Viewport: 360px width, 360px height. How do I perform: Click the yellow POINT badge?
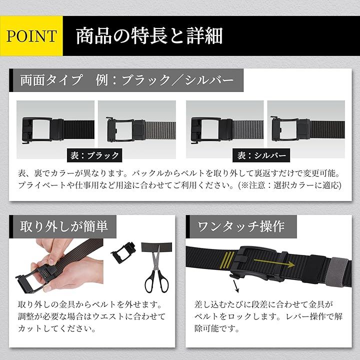coord(31,36)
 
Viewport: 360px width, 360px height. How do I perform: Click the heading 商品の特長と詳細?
coord(149,36)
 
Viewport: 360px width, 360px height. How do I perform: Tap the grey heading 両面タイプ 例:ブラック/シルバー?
coord(126,80)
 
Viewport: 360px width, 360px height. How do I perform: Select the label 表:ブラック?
coord(94,155)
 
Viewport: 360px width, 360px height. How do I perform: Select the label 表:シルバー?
coord(261,155)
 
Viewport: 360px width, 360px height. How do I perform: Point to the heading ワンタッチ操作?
coord(241,226)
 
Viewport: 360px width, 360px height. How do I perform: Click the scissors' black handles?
coord(156,282)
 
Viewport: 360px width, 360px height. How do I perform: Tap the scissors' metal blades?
coord(156,257)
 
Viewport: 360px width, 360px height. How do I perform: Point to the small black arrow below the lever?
coord(236,286)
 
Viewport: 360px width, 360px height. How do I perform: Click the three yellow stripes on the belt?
coord(227,260)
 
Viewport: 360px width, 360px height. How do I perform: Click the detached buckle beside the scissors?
coord(123,252)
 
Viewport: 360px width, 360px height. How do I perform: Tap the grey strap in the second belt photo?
coord(160,130)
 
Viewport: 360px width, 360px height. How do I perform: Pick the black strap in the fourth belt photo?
coord(327,130)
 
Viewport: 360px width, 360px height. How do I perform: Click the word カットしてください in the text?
coord(57,328)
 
